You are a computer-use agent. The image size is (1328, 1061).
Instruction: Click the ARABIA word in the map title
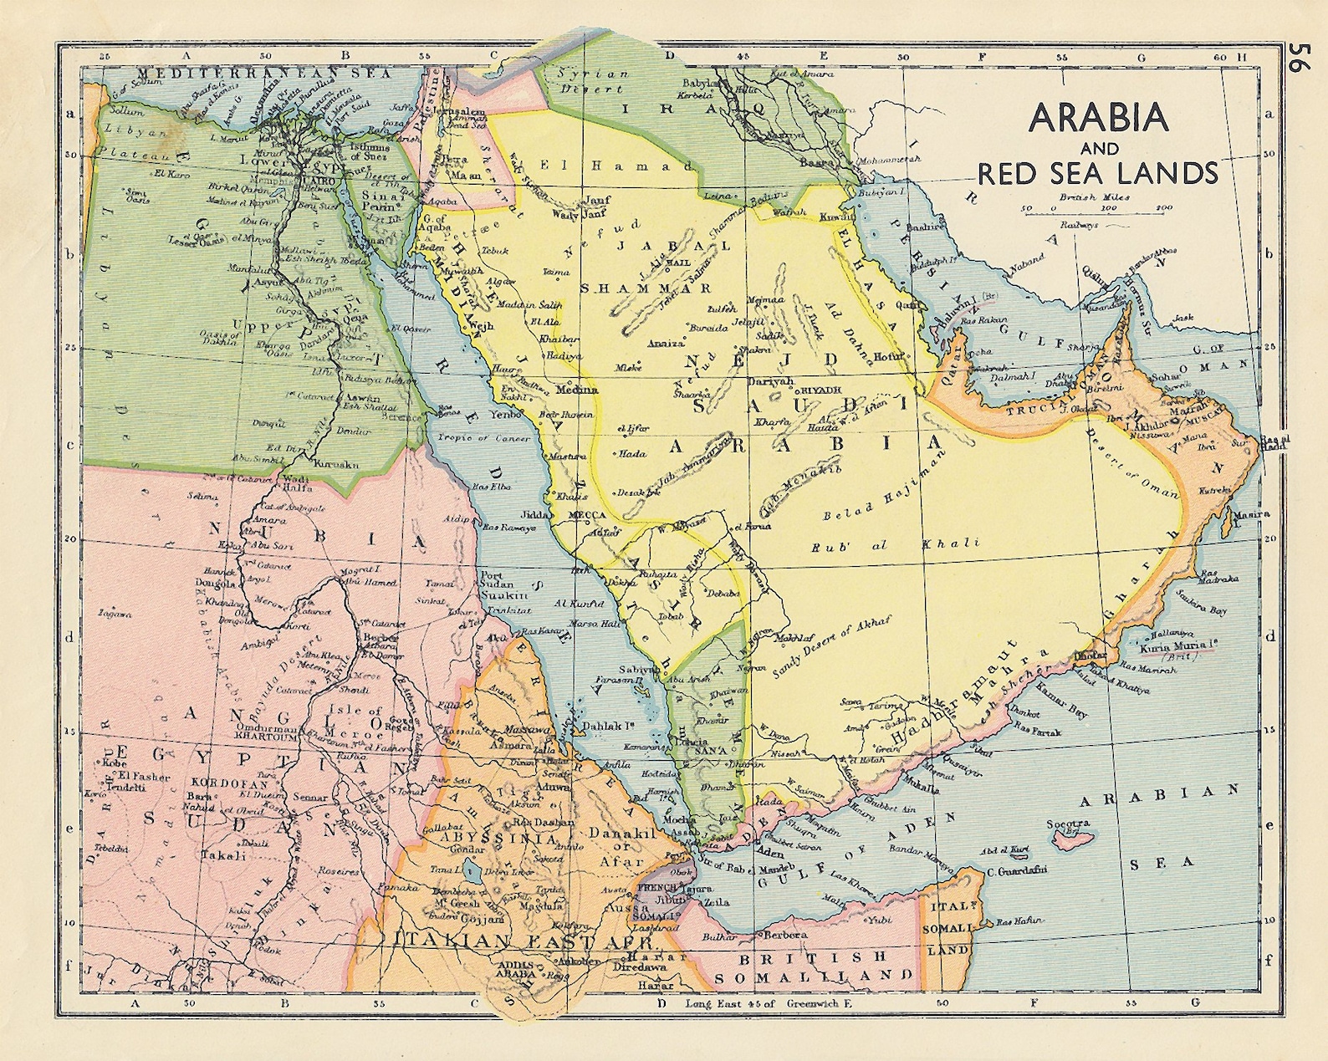point(1097,118)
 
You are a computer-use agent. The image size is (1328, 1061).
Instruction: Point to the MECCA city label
point(587,515)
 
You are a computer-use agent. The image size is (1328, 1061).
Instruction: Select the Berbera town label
point(784,934)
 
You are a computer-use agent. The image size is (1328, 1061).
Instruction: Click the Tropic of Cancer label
point(473,437)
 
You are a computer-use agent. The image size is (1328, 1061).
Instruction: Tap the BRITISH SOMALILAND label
point(812,966)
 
